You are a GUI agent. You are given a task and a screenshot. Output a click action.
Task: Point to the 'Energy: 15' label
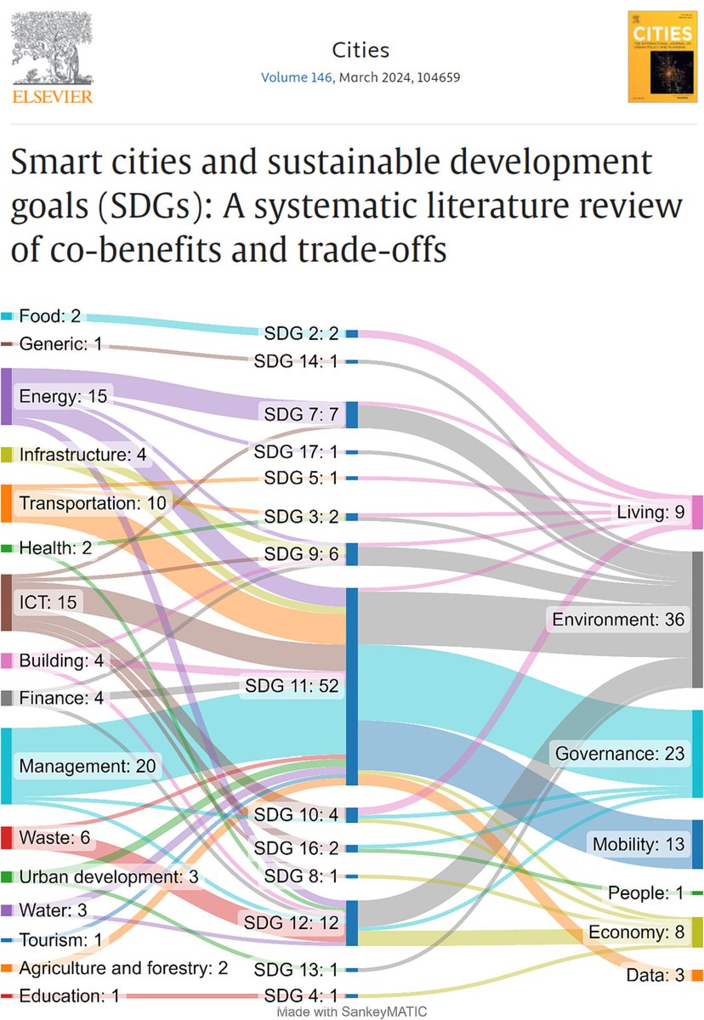click(x=55, y=396)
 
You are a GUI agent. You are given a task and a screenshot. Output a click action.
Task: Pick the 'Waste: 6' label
click(x=54, y=837)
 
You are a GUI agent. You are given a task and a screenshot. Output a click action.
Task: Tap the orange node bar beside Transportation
click(x=5, y=503)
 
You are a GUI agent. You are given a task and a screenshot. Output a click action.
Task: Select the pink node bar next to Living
click(x=697, y=513)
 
